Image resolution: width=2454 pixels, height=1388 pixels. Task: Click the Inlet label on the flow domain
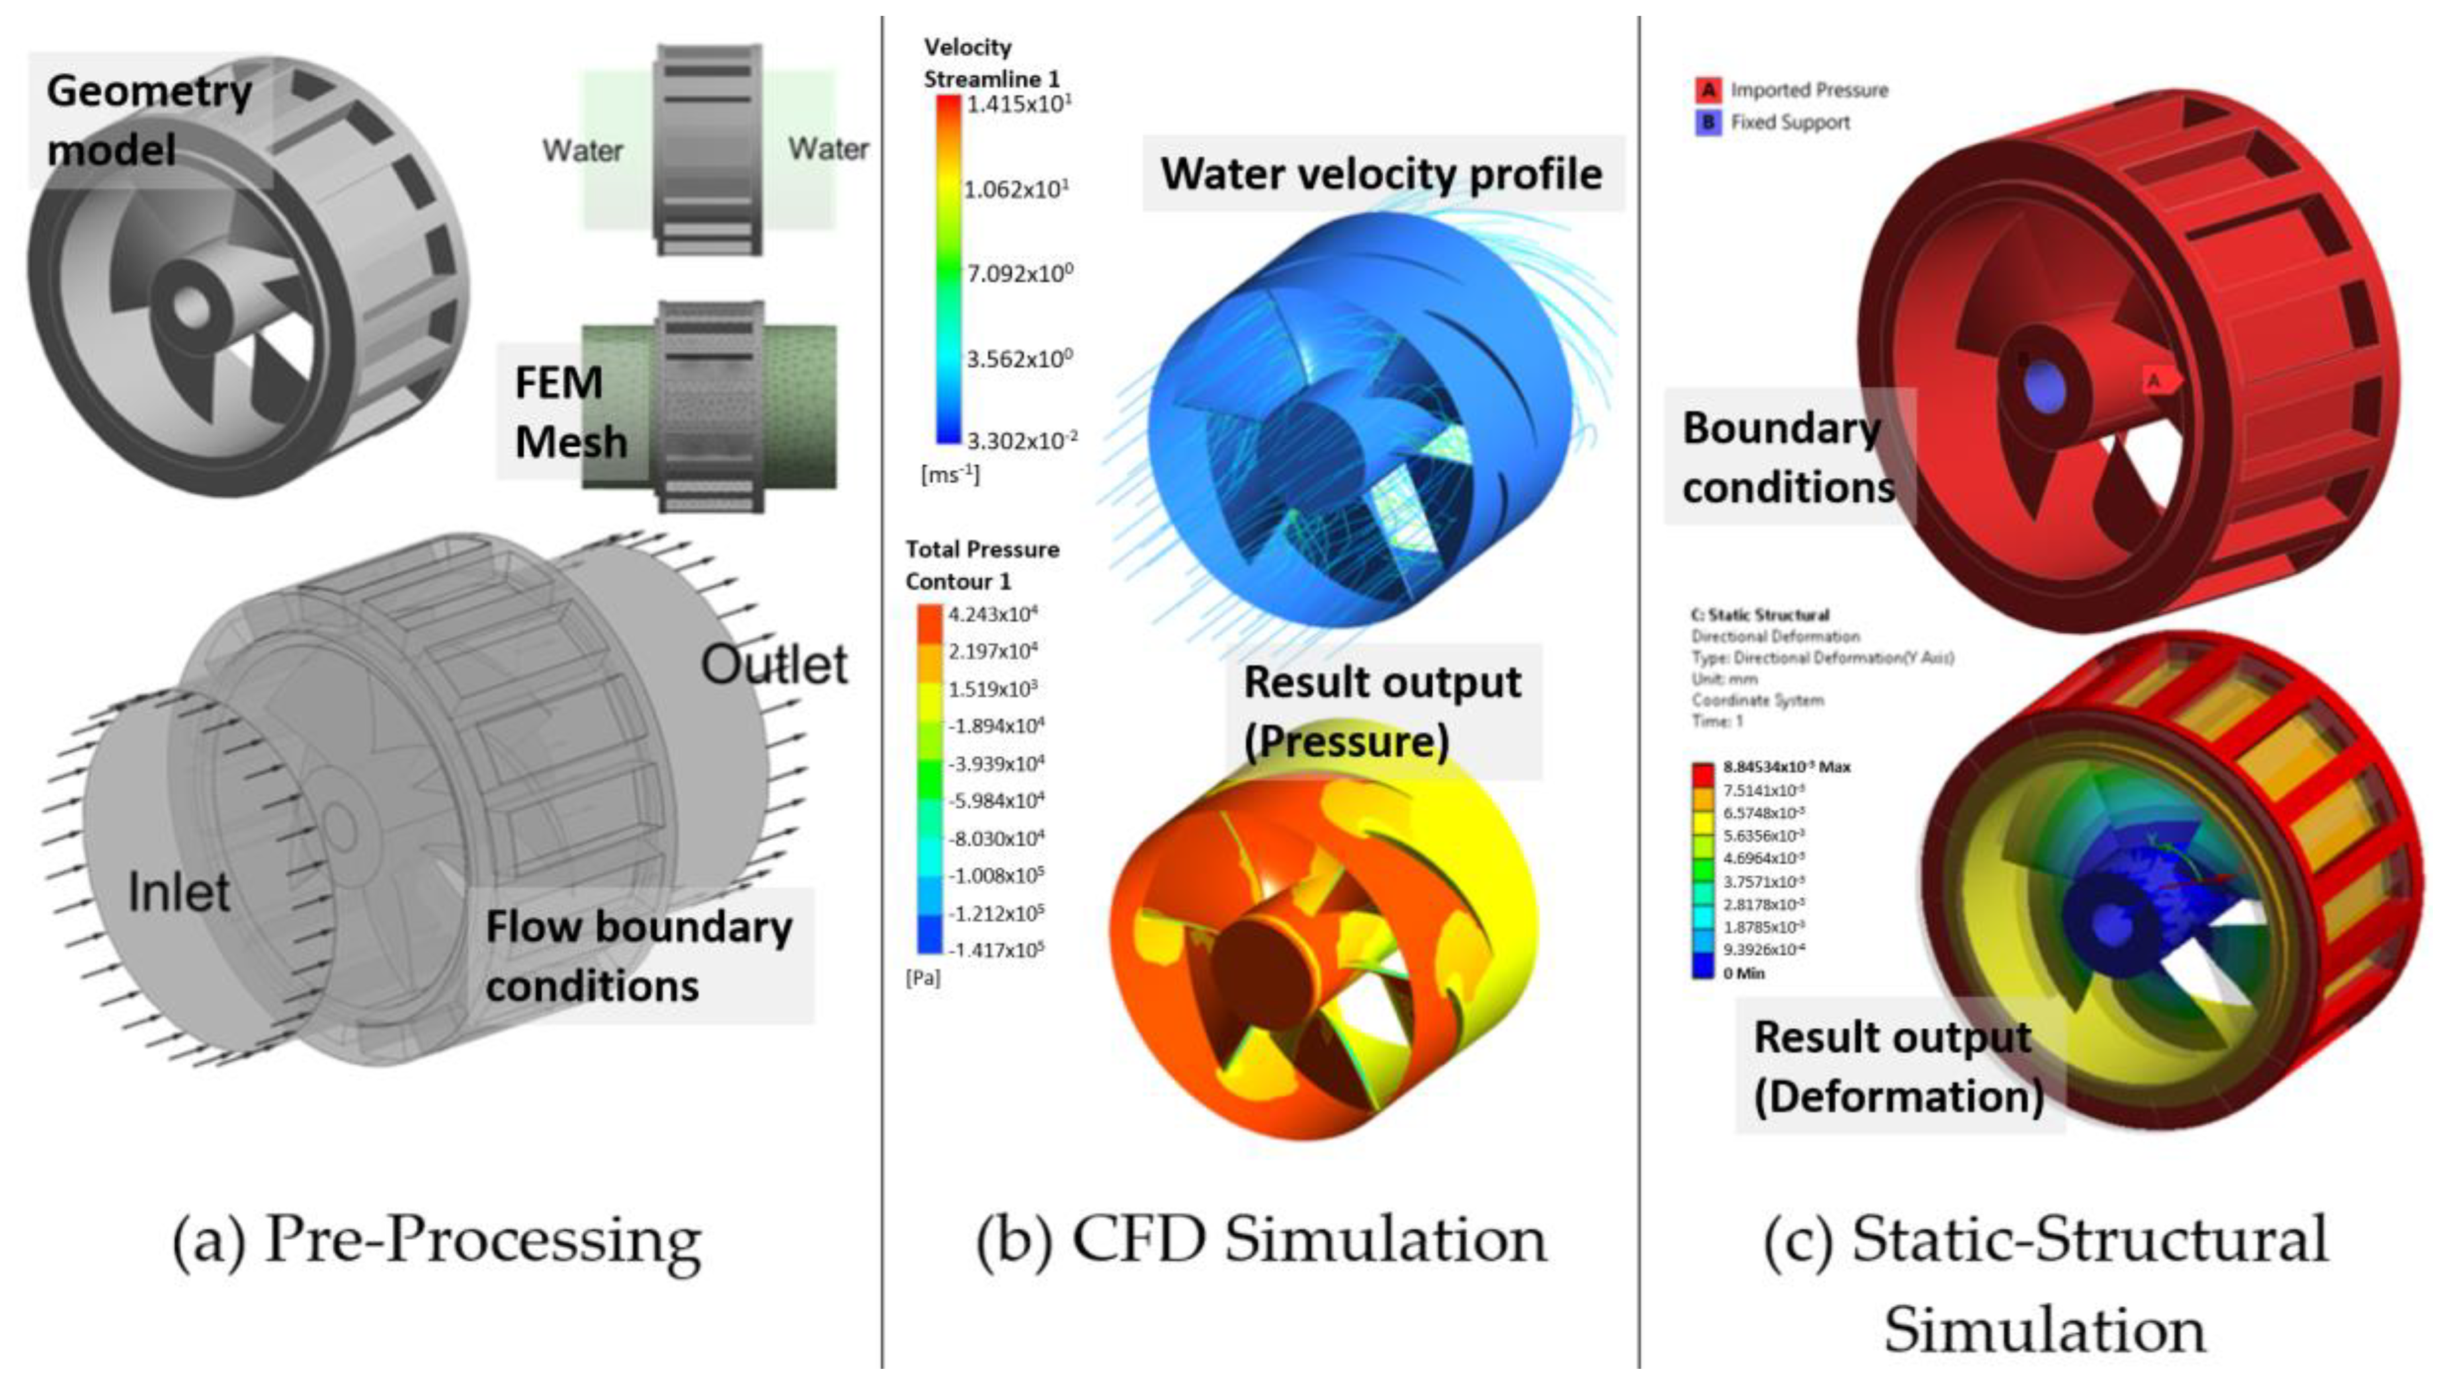point(179,893)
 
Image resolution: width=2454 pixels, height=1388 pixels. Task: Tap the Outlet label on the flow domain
point(774,664)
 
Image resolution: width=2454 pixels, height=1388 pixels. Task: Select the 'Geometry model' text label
point(149,120)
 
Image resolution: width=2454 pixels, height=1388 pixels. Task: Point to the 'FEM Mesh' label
point(570,412)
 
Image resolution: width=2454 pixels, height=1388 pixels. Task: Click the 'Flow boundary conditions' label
point(638,956)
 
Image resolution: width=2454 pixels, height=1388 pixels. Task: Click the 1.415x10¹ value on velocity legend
point(1018,103)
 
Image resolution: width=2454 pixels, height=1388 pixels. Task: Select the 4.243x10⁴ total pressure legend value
point(993,615)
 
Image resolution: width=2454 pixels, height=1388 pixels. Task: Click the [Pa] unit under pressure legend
point(922,979)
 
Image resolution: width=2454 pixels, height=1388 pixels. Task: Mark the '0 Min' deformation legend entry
point(1744,974)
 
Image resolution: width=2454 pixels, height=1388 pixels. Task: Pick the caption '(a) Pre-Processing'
point(436,1240)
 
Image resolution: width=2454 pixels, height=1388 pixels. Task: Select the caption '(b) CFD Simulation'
point(1261,1240)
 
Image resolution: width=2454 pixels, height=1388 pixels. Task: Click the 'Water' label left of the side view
point(582,151)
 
